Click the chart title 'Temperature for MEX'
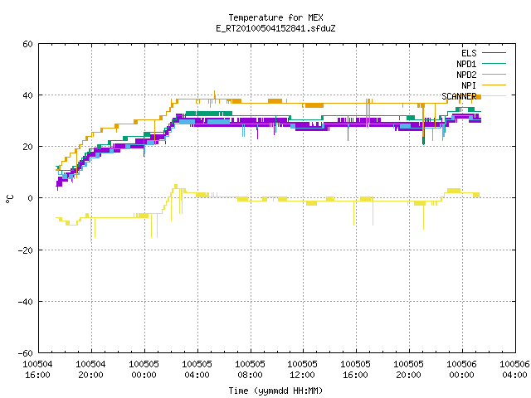(x=275, y=17)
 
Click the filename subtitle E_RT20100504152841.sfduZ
(x=275, y=28)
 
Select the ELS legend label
(x=469, y=53)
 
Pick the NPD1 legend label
(x=466, y=64)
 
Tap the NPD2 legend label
(x=466, y=75)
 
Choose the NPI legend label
(x=469, y=85)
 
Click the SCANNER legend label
(x=459, y=96)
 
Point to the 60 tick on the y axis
(x=27, y=44)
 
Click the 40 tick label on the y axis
(x=27, y=95)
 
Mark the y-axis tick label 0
(x=30, y=198)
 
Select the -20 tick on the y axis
(x=25, y=250)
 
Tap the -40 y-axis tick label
(x=25, y=302)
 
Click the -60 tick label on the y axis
(x=25, y=353)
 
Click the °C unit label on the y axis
(x=9, y=199)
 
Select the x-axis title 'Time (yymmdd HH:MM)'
(x=275, y=391)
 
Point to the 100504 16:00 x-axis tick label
(x=37, y=370)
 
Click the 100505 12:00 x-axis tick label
(x=302, y=370)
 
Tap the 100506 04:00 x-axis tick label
(x=514, y=370)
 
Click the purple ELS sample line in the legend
(x=494, y=53)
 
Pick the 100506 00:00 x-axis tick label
(x=461, y=370)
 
